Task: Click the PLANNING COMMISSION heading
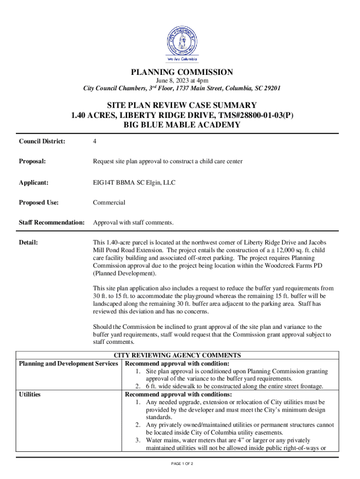coord(182,72)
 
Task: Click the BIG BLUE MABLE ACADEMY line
coord(182,125)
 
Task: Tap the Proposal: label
coord(32,161)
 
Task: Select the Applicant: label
coord(34,183)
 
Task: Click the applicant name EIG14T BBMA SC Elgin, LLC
coord(134,183)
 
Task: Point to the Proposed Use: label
coord(39,203)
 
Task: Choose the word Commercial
coord(109,203)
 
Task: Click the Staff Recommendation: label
coord(51,223)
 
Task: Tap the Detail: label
coord(28,243)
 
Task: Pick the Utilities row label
coord(29,394)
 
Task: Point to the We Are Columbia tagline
coord(182,59)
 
